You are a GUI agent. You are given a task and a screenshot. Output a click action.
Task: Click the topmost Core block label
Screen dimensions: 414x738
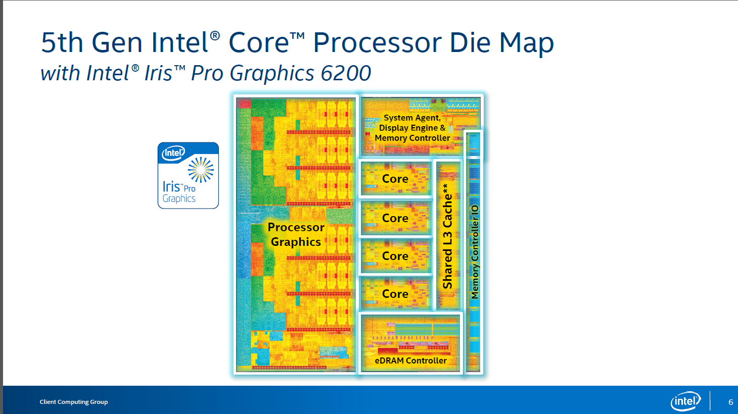[x=395, y=179]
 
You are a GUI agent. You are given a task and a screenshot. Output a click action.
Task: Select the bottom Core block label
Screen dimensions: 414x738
[x=395, y=294]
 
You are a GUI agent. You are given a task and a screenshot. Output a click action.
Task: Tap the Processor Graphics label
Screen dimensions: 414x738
[x=296, y=234]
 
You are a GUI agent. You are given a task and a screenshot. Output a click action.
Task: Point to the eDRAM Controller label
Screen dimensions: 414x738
[x=410, y=360]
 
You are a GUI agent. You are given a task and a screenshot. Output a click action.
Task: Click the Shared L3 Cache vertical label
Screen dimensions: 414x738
[x=447, y=236]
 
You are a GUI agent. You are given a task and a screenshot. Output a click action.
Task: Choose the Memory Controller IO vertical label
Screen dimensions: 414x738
[x=474, y=251]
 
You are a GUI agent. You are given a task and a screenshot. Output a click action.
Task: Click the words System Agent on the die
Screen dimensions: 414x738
[x=411, y=118]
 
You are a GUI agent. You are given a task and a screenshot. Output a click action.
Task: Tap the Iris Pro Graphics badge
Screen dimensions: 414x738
[x=188, y=175]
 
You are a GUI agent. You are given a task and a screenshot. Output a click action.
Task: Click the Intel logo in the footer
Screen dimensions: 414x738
[x=685, y=401]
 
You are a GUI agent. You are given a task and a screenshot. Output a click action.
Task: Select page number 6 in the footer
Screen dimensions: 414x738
[x=730, y=402]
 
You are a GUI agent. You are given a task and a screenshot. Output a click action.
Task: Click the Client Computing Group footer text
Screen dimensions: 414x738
[x=74, y=402]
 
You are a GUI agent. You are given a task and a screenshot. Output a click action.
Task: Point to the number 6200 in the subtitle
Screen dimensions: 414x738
[x=346, y=74]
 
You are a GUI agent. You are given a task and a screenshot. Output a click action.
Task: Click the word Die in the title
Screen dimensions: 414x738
[x=470, y=42]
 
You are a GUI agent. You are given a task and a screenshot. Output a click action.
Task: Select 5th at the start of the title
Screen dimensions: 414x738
[x=62, y=42]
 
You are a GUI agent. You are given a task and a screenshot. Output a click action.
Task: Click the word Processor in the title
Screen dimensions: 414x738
[x=377, y=42]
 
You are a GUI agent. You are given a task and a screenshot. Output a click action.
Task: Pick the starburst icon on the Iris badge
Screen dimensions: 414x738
[x=201, y=169]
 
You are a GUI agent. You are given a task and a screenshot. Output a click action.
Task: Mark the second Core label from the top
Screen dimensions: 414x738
[x=395, y=218]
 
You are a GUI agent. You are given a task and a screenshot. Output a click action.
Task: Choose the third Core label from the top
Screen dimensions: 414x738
[x=395, y=256]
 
